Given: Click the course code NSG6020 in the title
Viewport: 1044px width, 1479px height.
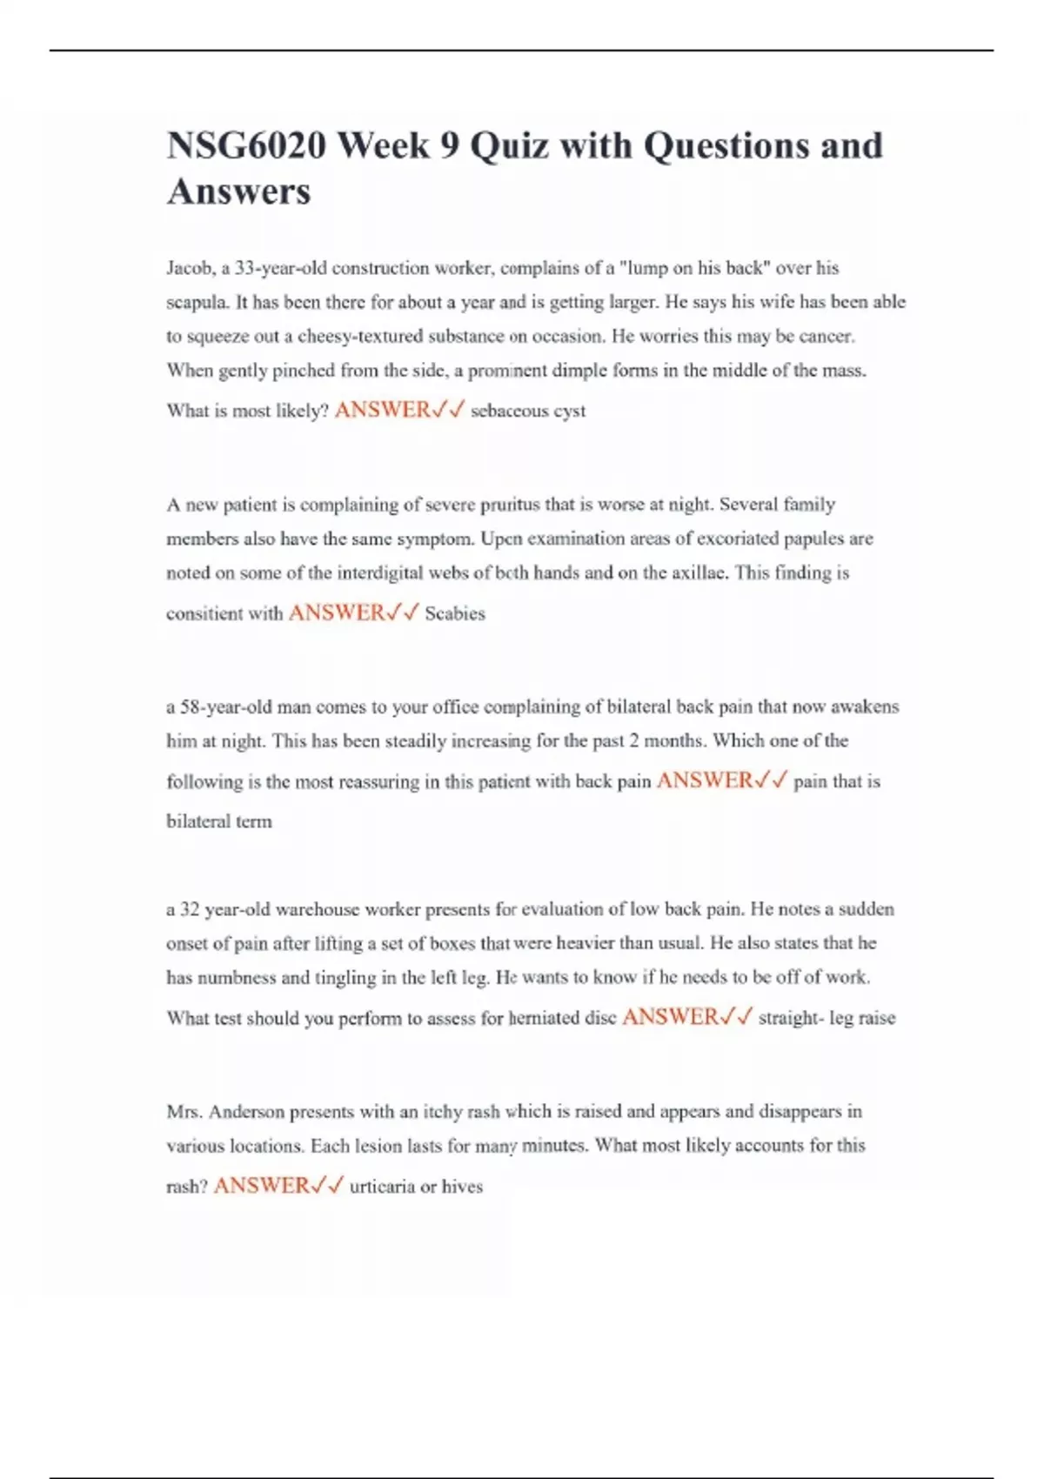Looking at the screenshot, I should click(x=244, y=145).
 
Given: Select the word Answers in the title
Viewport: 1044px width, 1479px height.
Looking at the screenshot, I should click(x=238, y=191).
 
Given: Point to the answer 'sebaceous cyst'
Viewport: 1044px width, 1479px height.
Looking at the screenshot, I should click(x=528, y=411).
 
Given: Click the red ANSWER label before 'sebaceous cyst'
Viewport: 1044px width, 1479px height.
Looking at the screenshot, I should click(x=382, y=410).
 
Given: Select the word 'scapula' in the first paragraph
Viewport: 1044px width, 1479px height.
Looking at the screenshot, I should click(x=197, y=302).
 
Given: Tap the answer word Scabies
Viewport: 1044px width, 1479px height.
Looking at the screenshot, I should click(x=455, y=613).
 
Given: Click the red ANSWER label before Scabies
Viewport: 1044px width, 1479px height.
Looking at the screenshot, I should click(x=336, y=612).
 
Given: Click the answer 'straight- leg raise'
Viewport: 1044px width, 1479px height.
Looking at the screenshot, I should click(x=826, y=1018).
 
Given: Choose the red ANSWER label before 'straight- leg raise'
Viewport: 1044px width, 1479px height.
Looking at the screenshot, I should click(x=670, y=1017).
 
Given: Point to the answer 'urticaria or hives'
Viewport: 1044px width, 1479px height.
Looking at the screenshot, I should click(x=416, y=1187).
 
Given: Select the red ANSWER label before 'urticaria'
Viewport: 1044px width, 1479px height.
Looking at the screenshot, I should click(x=261, y=1186).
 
